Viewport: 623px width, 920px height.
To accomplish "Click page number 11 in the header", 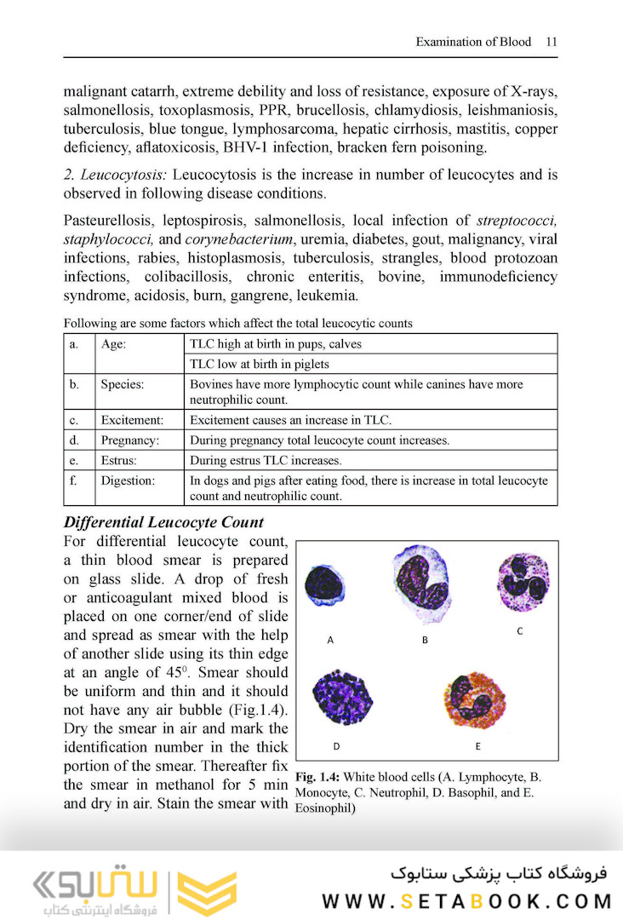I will click(x=552, y=41).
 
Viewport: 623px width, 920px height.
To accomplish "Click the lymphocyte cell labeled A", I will click(x=323, y=589).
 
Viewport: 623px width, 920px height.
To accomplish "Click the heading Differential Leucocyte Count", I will click(x=163, y=522).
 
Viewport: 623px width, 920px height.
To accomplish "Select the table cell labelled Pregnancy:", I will click(x=130, y=440).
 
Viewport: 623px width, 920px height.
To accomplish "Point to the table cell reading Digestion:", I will click(x=128, y=481).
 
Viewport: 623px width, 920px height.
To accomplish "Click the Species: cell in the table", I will click(x=123, y=384).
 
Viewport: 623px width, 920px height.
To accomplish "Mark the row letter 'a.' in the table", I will click(x=76, y=344).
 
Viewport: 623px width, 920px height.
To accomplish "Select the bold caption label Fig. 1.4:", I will click(x=318, y=777).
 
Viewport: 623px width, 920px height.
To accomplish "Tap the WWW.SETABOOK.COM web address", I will click(x=466, y=901).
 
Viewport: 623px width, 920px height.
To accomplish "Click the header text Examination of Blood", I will click(x=473, y=41).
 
